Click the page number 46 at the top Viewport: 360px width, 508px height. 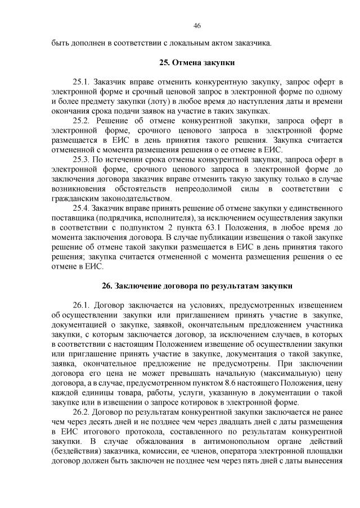[x=197, y=25]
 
